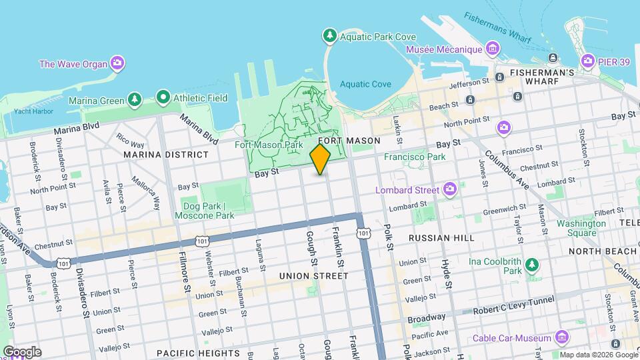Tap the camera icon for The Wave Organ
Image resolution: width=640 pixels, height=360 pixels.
click(x=117, y=63)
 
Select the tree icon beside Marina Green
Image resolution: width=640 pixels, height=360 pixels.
click(x=135, y=99)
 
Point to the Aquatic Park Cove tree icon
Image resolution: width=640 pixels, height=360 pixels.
click(x=329, y=35)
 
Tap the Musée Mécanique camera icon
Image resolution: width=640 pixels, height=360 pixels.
click(x=492, y=49)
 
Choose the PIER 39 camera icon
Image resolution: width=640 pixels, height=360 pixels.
click(x=587, y=61)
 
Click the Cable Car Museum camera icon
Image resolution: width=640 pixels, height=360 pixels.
click(x=561, y=337)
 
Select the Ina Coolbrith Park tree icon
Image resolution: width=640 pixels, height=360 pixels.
click(x=531, y=265)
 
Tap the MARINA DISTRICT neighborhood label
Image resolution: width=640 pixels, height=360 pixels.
click(x=165, y=155)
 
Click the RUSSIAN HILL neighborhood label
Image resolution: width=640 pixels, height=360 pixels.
click(x=441, y=237)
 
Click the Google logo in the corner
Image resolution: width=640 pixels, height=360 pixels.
click(x=22, y=352)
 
